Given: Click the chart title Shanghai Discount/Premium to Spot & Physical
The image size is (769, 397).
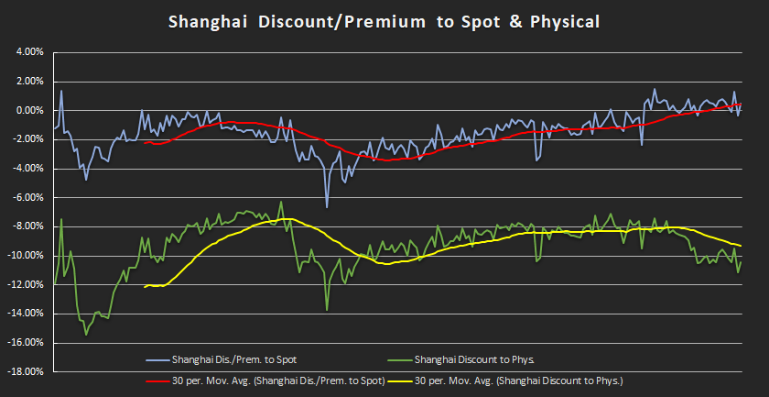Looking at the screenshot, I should pyautogui.click(x=384, y=21).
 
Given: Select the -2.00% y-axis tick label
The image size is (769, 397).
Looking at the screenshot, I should pyautogui.click(x=28, y=139).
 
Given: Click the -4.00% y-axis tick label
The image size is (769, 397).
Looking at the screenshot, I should pyautogui.click(x=28, y=169).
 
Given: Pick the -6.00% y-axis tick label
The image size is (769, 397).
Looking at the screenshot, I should pyautogui.click(x=28, y=198).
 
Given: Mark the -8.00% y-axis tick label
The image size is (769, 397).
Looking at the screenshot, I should pyautogui.click(x=28, y=226).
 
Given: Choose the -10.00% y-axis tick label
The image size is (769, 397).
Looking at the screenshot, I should pyautogui.click(x=27, y=256).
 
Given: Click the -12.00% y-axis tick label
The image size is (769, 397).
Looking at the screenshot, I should pyautogui.click(x=27, y=285).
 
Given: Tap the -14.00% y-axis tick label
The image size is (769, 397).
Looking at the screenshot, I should pyautogui.click(x=27, y=314).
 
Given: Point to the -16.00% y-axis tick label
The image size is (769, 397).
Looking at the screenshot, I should pyautogui.click(x=27, y=343).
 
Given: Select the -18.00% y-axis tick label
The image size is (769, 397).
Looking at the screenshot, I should pyautogui.click(x=27, y=372).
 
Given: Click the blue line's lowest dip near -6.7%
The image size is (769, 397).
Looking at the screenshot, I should pyautogui.click(x=326, y=207).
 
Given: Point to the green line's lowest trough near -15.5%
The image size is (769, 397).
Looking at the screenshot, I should pyautogui.click(x=86, y=335).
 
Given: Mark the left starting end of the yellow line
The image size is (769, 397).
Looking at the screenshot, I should pyautogui.click(x=145, y=287).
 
